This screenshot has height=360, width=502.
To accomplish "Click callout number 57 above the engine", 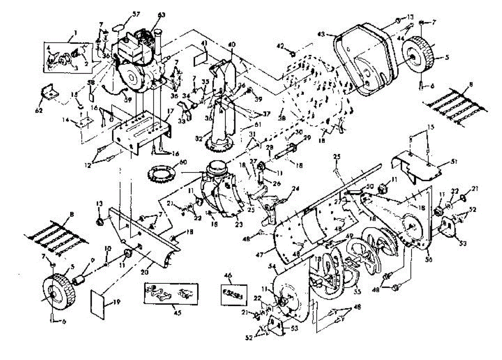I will (x=136, y=14).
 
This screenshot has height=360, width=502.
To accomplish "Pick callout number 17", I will (x=170, y=112).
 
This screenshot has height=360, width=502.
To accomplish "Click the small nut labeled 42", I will (x=292, y=54).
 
